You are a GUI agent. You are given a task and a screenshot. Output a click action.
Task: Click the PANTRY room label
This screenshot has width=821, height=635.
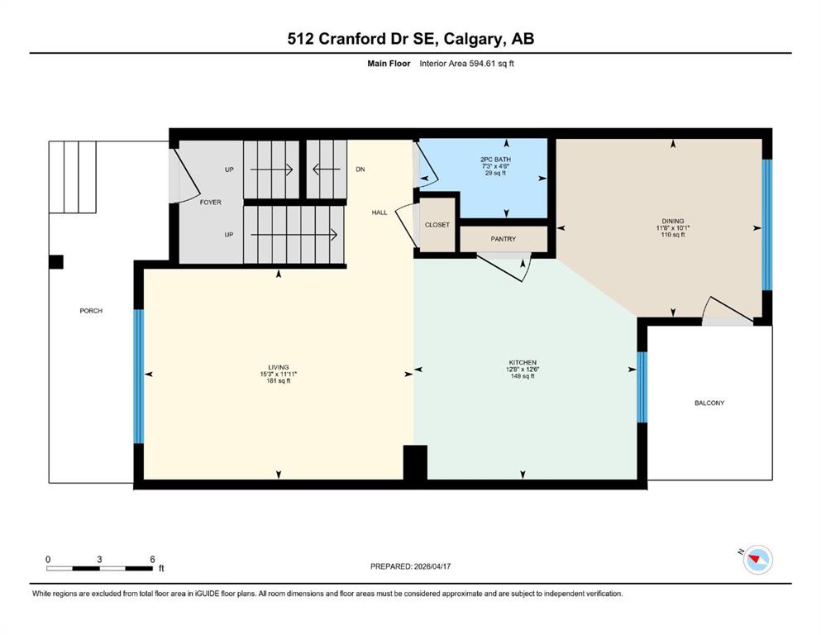coord(504,239)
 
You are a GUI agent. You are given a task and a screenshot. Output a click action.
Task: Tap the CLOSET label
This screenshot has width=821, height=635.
coord(437,225)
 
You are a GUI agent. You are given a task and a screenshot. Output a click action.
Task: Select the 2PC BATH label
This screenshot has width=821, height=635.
coord(495,159)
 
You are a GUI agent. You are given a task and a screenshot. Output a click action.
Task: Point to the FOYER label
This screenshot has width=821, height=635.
coord(211,202)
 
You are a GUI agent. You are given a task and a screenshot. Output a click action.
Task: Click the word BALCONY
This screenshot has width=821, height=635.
coord(709,403)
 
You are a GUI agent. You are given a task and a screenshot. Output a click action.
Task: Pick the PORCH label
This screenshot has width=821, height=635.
coord(91,310)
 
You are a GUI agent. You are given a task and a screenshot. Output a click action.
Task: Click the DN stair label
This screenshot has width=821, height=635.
coord(360,169)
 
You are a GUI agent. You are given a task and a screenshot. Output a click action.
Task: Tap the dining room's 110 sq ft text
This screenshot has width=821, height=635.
coord(673,235)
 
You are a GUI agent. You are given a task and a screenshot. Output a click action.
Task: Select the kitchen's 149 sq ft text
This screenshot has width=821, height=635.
coord(523,376)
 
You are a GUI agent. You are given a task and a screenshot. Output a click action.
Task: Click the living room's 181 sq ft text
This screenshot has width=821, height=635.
coord(279,380)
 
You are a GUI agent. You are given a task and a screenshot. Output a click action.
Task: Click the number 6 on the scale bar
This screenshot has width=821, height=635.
coord(152,559)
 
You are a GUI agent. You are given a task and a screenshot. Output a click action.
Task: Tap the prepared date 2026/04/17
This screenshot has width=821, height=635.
coord(432,566)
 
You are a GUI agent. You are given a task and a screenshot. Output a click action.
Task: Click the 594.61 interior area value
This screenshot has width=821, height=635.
coord(482,64)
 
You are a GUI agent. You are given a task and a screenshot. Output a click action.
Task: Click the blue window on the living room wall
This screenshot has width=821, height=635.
coord(138,376)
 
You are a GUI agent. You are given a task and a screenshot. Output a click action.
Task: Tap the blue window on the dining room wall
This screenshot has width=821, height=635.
coord(766,225)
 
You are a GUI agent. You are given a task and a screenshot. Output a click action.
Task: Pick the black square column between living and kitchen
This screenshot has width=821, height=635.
coord(415,462)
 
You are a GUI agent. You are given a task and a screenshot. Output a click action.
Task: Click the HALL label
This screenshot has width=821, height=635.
coord(379,212)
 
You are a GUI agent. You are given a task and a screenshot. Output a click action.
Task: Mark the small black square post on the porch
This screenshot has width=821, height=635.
coord(56,262)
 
